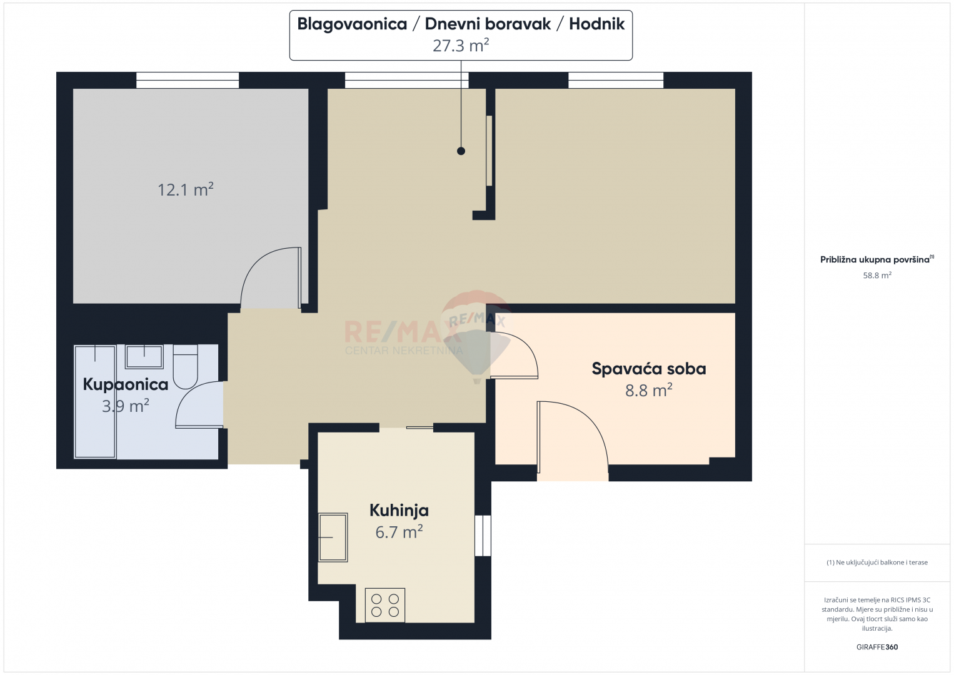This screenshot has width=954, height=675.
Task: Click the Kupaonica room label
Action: pyautogui.click(x=126, y=384)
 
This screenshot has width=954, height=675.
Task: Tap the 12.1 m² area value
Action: pyautogui.click(x=186, y=189)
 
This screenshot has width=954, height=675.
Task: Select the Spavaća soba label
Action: pyautogui.click(x=649, y=369)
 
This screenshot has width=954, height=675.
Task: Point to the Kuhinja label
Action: pyautogui.click(x=399, y=510)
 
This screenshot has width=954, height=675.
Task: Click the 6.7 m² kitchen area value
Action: pyautogui.click(x=399, y=532)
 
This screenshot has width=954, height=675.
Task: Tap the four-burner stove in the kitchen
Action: pyautogui.click(x=385, y=605)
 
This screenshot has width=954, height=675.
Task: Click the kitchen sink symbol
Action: pyautogui.click(x=333, y=537)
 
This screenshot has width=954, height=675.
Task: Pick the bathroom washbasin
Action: pyautogui.click(x=144, y=356)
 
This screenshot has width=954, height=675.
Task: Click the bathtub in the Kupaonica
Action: pyautogui.click(x=95, y=402)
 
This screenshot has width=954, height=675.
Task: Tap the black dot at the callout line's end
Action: pyautogui.click(x=461, y=151)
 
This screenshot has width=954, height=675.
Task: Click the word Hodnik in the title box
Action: pyautogui.click(x=596, y=24)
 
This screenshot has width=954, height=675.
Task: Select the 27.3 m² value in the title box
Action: pyautogui.click(x=461, y=46)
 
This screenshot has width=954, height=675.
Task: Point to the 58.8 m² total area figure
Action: pyautogui.click(x=877, y=275)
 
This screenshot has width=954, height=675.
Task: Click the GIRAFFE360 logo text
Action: pyautogui.click(x=877, y=647)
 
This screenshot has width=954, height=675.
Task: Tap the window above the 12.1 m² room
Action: pyautogui.click(x=188, y=80)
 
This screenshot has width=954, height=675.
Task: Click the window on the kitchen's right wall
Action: pyautogui.click(x=483, y=536)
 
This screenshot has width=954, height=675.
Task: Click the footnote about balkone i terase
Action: pyautogui.click(x=877, y=562)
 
